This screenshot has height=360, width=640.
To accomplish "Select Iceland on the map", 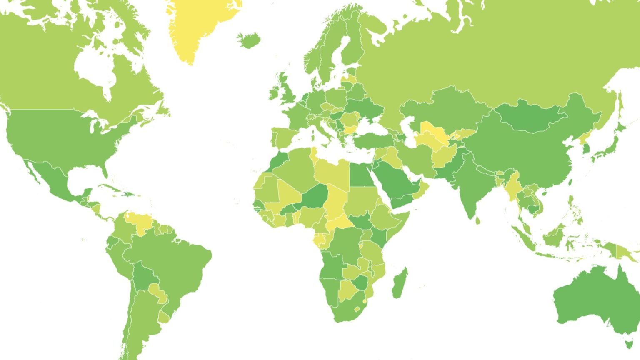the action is tap(249, 40).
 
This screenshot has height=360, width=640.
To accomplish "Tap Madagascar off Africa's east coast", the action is tap(399, 283).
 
